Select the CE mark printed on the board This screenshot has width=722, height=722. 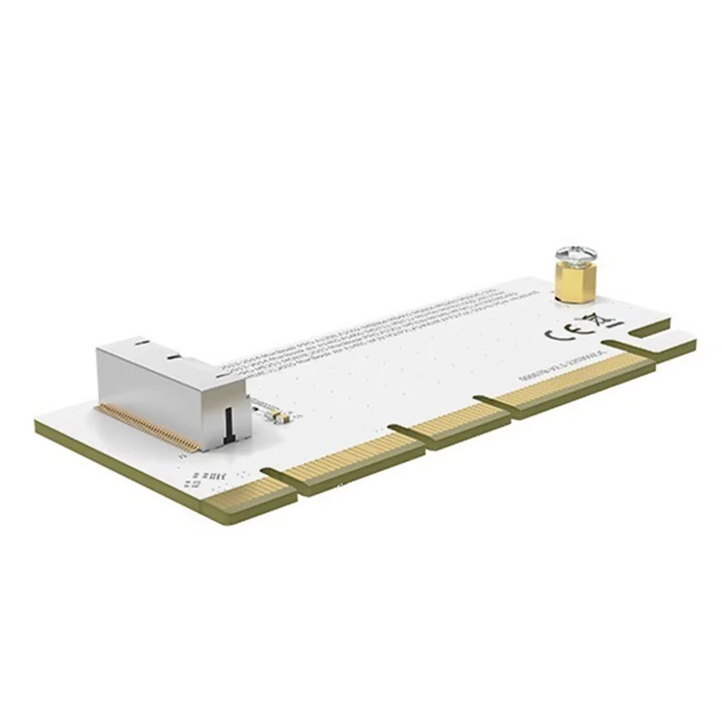(x=564, y=331)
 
